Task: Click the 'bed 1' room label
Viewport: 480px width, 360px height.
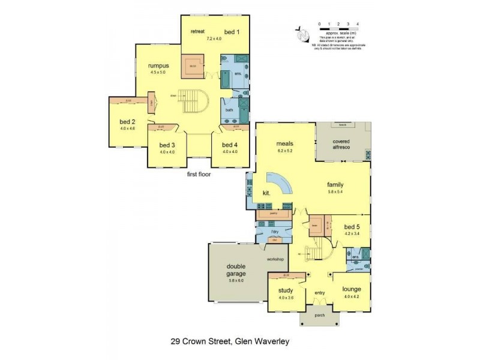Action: (x=231, y=31)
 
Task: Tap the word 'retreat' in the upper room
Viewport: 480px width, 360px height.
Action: (x=198, y=31)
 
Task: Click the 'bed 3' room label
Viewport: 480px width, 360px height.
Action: (x=167, y=145)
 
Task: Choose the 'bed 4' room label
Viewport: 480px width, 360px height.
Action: (x=230, y=145)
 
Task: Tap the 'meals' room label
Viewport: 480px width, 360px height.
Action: (x=284, y=144)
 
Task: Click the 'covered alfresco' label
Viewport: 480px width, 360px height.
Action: (x=342, y=144)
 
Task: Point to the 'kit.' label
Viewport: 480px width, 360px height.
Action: (x=267, y=193)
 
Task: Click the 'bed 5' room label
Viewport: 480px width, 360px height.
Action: (x=352, y=227)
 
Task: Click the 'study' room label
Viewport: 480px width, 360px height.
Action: (x=285, y=290)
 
